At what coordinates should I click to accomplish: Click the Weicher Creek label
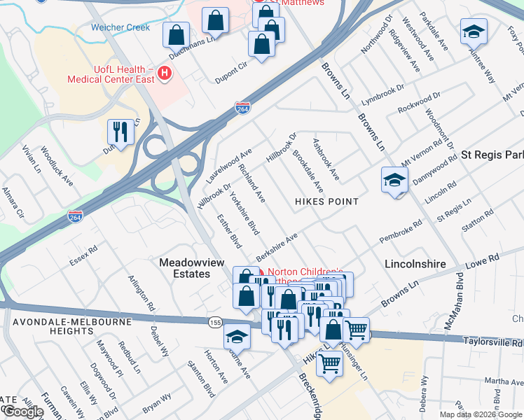(x=120, y=28)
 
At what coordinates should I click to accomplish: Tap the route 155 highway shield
(x=215, y=321)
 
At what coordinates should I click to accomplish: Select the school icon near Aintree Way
(x=474, y=32)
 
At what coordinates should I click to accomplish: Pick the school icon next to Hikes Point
(x=394, y=180)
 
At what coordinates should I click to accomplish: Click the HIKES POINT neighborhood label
(x=327, y=202)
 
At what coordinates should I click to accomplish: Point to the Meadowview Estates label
(x=184, y=267)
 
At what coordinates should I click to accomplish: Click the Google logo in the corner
(x=23, y=412)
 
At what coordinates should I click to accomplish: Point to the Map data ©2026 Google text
(x=481, y=414)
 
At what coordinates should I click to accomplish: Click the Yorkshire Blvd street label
(x=245, y=213)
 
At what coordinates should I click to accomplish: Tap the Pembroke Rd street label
(x=401, y=232)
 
